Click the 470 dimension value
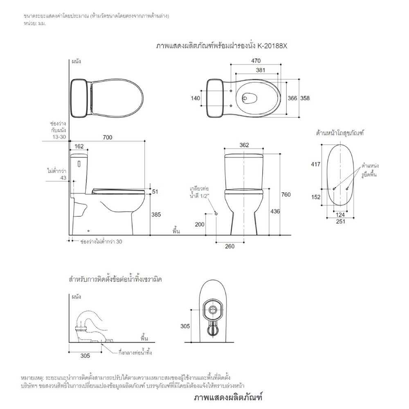[256, 61]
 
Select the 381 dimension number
[260, 70]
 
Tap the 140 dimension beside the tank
[196, 98]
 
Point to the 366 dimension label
[292, 98]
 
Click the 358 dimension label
[305, 98]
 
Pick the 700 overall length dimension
[108, 137]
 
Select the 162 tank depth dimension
[79, 146]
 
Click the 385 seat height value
[156, 215]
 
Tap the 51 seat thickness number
[155, 192]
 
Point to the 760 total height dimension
[286, 195]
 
